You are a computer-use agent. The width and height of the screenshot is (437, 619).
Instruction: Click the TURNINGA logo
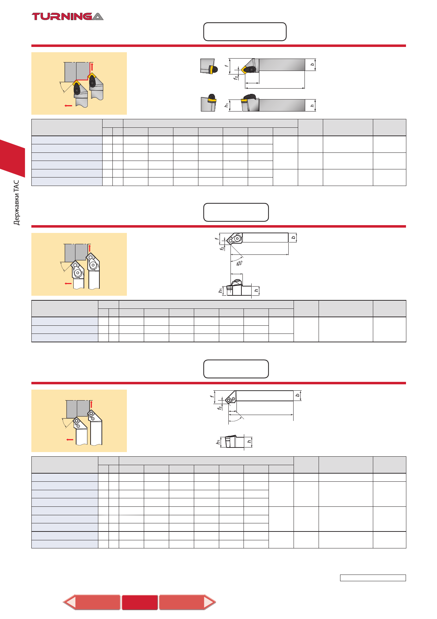(68, 16)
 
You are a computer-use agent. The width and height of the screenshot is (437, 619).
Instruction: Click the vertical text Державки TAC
(17, 203)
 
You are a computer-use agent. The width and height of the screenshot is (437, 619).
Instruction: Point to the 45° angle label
(239, 263)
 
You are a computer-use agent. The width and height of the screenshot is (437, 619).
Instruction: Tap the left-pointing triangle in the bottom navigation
(70, 602)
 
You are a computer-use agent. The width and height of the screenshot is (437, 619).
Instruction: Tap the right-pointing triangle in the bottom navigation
(210, 602)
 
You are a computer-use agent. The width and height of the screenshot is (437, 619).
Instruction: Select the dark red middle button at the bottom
(140, 602)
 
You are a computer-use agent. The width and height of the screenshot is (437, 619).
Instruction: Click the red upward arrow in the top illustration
(92, 67)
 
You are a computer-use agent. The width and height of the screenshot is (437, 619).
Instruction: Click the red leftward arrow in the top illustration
(68, 106)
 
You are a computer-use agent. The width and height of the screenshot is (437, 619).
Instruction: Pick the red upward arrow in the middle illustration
(90, 248)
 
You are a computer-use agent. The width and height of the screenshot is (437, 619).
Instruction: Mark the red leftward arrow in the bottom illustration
(70, 440)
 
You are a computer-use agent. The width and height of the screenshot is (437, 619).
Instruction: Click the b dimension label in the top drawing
(312, 65)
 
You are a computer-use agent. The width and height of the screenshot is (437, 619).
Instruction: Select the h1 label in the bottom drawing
(218, 442)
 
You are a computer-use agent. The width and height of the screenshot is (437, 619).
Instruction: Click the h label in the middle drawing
(256, 290)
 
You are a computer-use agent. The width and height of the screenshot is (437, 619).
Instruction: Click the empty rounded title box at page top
(245, 32)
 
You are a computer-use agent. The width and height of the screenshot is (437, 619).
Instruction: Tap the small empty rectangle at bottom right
(373, 578)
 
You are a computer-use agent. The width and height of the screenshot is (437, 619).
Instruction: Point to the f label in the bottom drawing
(212, 396)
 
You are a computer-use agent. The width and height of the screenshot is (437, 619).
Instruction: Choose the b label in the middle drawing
(294, 238)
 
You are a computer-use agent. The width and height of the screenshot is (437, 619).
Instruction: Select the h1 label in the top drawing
(227, 105)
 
